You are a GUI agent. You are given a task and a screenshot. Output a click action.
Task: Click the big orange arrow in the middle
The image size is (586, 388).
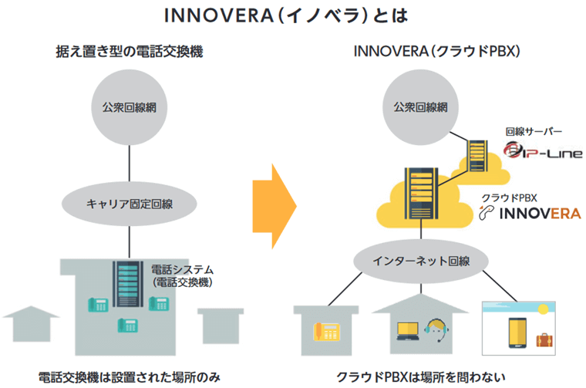pyautogui.click(x=274, y=204)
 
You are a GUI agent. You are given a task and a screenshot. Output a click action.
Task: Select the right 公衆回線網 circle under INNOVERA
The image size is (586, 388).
pyautogui.click(x=419, y=107)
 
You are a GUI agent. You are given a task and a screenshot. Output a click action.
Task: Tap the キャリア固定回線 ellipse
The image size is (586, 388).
pyautogui.click(x=129, y=204)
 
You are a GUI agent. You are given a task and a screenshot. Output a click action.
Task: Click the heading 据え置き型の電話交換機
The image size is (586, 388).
pyautogui.click(x=130, y=52)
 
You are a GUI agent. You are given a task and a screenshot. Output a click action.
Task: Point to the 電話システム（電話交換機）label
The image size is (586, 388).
pyautogui.click(x=182, y=276)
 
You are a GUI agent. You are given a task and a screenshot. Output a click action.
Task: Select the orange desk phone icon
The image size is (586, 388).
pyautogui.click(x=326, y=332)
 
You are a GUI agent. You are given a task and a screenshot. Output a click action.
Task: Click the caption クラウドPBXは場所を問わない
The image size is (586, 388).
pyautogui.click(x=423, y=377)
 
